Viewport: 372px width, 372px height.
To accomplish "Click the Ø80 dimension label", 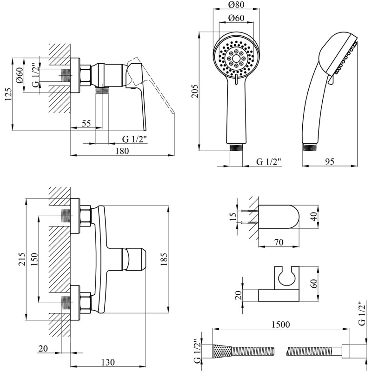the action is coord(236,5).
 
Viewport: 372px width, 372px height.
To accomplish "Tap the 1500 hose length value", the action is coord(281,324).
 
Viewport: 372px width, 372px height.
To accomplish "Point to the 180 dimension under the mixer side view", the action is coord(122,151).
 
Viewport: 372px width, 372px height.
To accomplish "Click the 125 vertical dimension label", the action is coord(8,94).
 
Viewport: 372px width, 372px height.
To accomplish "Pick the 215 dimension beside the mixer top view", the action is coord(21,259).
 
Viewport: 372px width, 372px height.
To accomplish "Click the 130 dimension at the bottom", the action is coord(108,362).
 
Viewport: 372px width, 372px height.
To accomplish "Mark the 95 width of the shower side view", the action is coord(330,161).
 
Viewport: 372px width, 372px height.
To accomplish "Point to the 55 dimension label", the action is coord(86,124).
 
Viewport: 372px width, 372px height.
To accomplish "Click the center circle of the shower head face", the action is coord(236,59).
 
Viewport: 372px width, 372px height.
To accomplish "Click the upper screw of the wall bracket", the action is coord(249,211).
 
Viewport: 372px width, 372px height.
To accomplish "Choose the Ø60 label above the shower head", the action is coord(236,18).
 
